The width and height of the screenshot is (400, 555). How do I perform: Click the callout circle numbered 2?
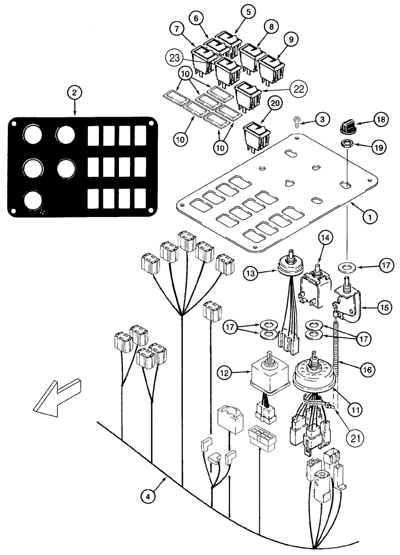pyautogui.click(x=73, y=94)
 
